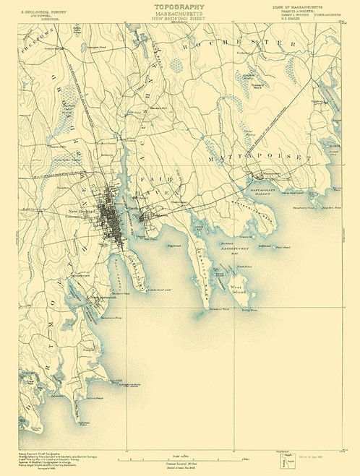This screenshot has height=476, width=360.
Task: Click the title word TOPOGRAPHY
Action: pyautogui.click(x=179, y=7)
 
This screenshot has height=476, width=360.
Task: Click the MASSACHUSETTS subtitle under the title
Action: pyautogui.click(x=179, y=14)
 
